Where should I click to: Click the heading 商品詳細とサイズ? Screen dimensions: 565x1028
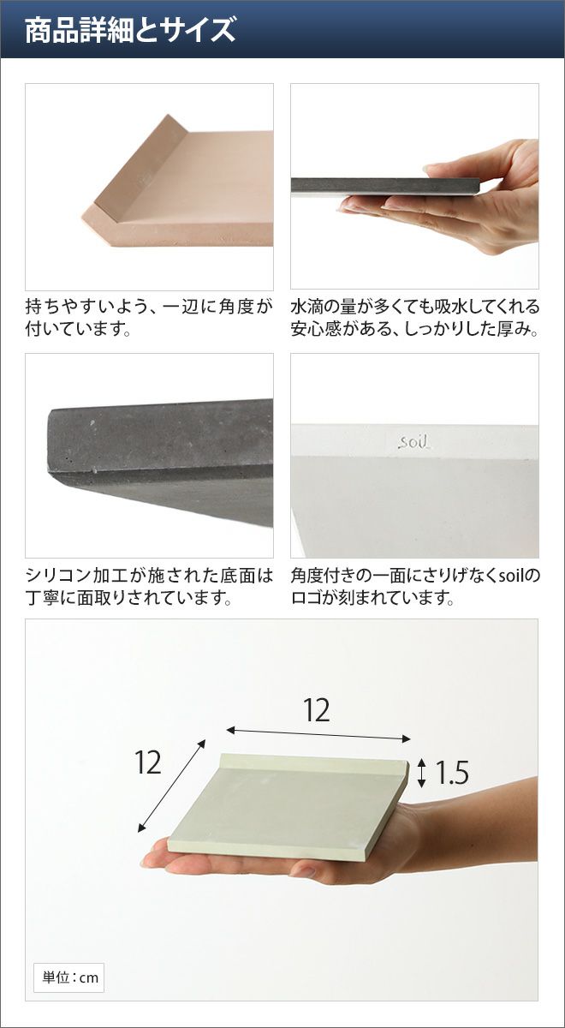130,30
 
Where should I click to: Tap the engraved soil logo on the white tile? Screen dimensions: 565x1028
414,442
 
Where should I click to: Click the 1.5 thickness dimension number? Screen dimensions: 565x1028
451,773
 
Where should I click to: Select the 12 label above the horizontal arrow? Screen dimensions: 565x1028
317,710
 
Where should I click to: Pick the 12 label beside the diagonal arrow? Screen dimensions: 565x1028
147,763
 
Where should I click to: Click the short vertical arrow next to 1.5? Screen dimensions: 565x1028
421,773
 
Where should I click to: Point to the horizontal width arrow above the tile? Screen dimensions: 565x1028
318,734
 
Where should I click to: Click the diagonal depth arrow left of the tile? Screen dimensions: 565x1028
171,786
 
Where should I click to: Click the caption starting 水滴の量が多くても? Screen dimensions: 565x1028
414,317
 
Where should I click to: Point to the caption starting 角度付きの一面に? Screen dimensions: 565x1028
415,586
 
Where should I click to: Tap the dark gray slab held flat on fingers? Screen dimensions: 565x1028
385,187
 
